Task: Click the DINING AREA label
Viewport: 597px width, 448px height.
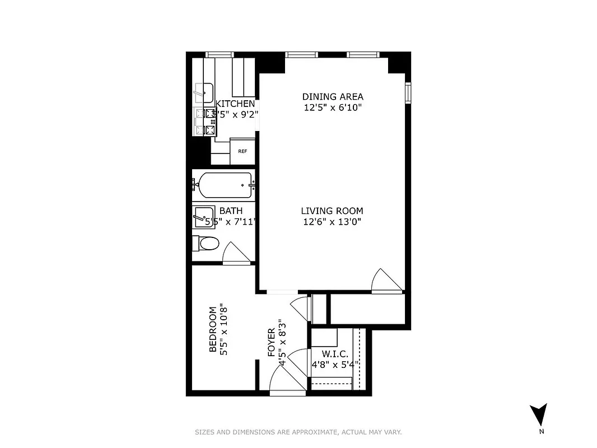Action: pyautogui.click(x=333, y=96)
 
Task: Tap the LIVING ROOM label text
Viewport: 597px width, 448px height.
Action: pyautogui.click(x=332, y=211)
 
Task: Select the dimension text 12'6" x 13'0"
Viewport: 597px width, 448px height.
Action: pyautogui.click(x=332, y=222)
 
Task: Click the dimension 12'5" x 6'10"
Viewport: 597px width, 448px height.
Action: pyautogui.click(x=333, y=108)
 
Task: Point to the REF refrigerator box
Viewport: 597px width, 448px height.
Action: pyautogui.click(x=242, y=151)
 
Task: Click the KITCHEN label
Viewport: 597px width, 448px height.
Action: pyautogui.click(x=235, y=104)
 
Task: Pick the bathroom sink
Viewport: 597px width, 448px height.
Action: pyautogui.click(x=202, y=216)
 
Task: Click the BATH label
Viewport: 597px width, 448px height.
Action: pyautogui.click(x=231, y=211)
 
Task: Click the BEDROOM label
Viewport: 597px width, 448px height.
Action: pyautogui.click(x=213, y=329)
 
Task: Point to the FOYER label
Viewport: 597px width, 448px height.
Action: pyautogui.click(x=272, y=343)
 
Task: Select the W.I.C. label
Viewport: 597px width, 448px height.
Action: pyautogui.click(x=335, y=354)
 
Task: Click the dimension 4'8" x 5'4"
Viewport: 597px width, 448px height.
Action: pyautogui.click(x=335, y=365)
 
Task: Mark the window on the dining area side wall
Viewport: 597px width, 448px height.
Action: pyautogui.click(x=408, y=93)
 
